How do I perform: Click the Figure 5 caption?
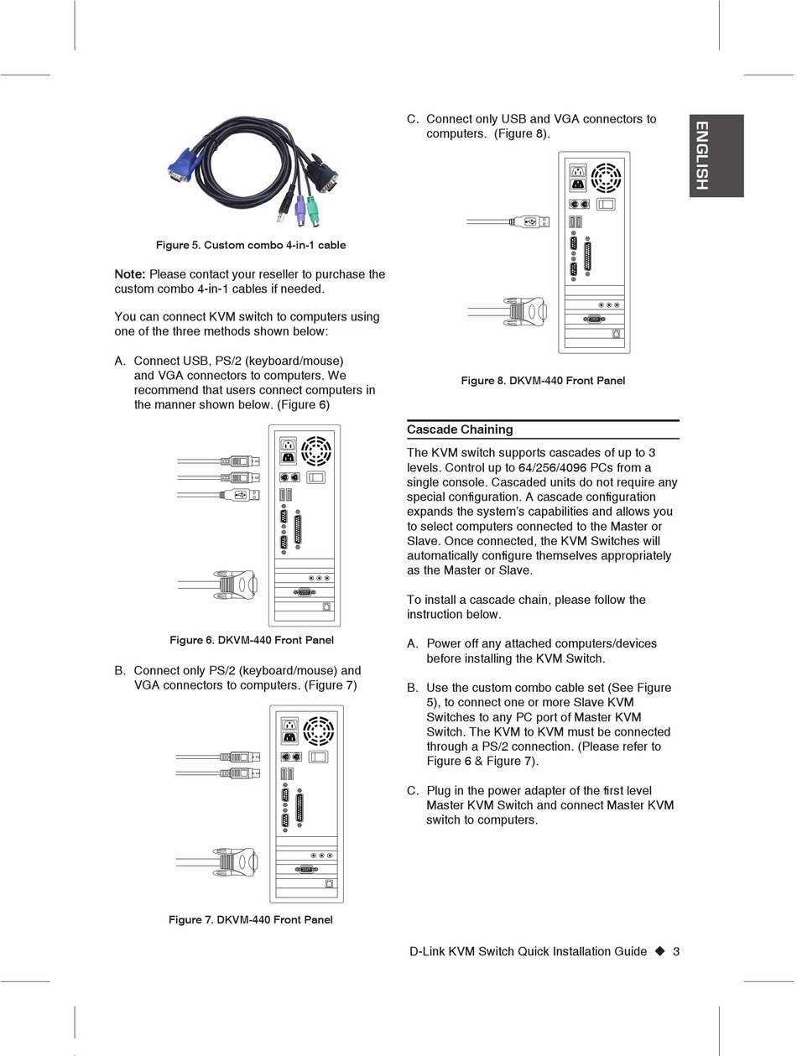tap(251, 245)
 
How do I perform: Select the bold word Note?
tap(130, 274)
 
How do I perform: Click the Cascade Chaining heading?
tap(460, 429)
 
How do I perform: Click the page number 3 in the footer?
tap(676, 951)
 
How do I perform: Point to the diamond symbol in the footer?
tap(659, 951)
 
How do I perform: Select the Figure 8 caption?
tap(543, 381)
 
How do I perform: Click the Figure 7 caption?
tap(251, 920)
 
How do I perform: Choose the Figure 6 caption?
tap(252, 640)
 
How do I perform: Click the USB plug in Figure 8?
tap(526, 221)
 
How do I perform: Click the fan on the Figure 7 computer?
tap(319, 731)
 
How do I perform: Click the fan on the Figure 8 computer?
tap(607, 178)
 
